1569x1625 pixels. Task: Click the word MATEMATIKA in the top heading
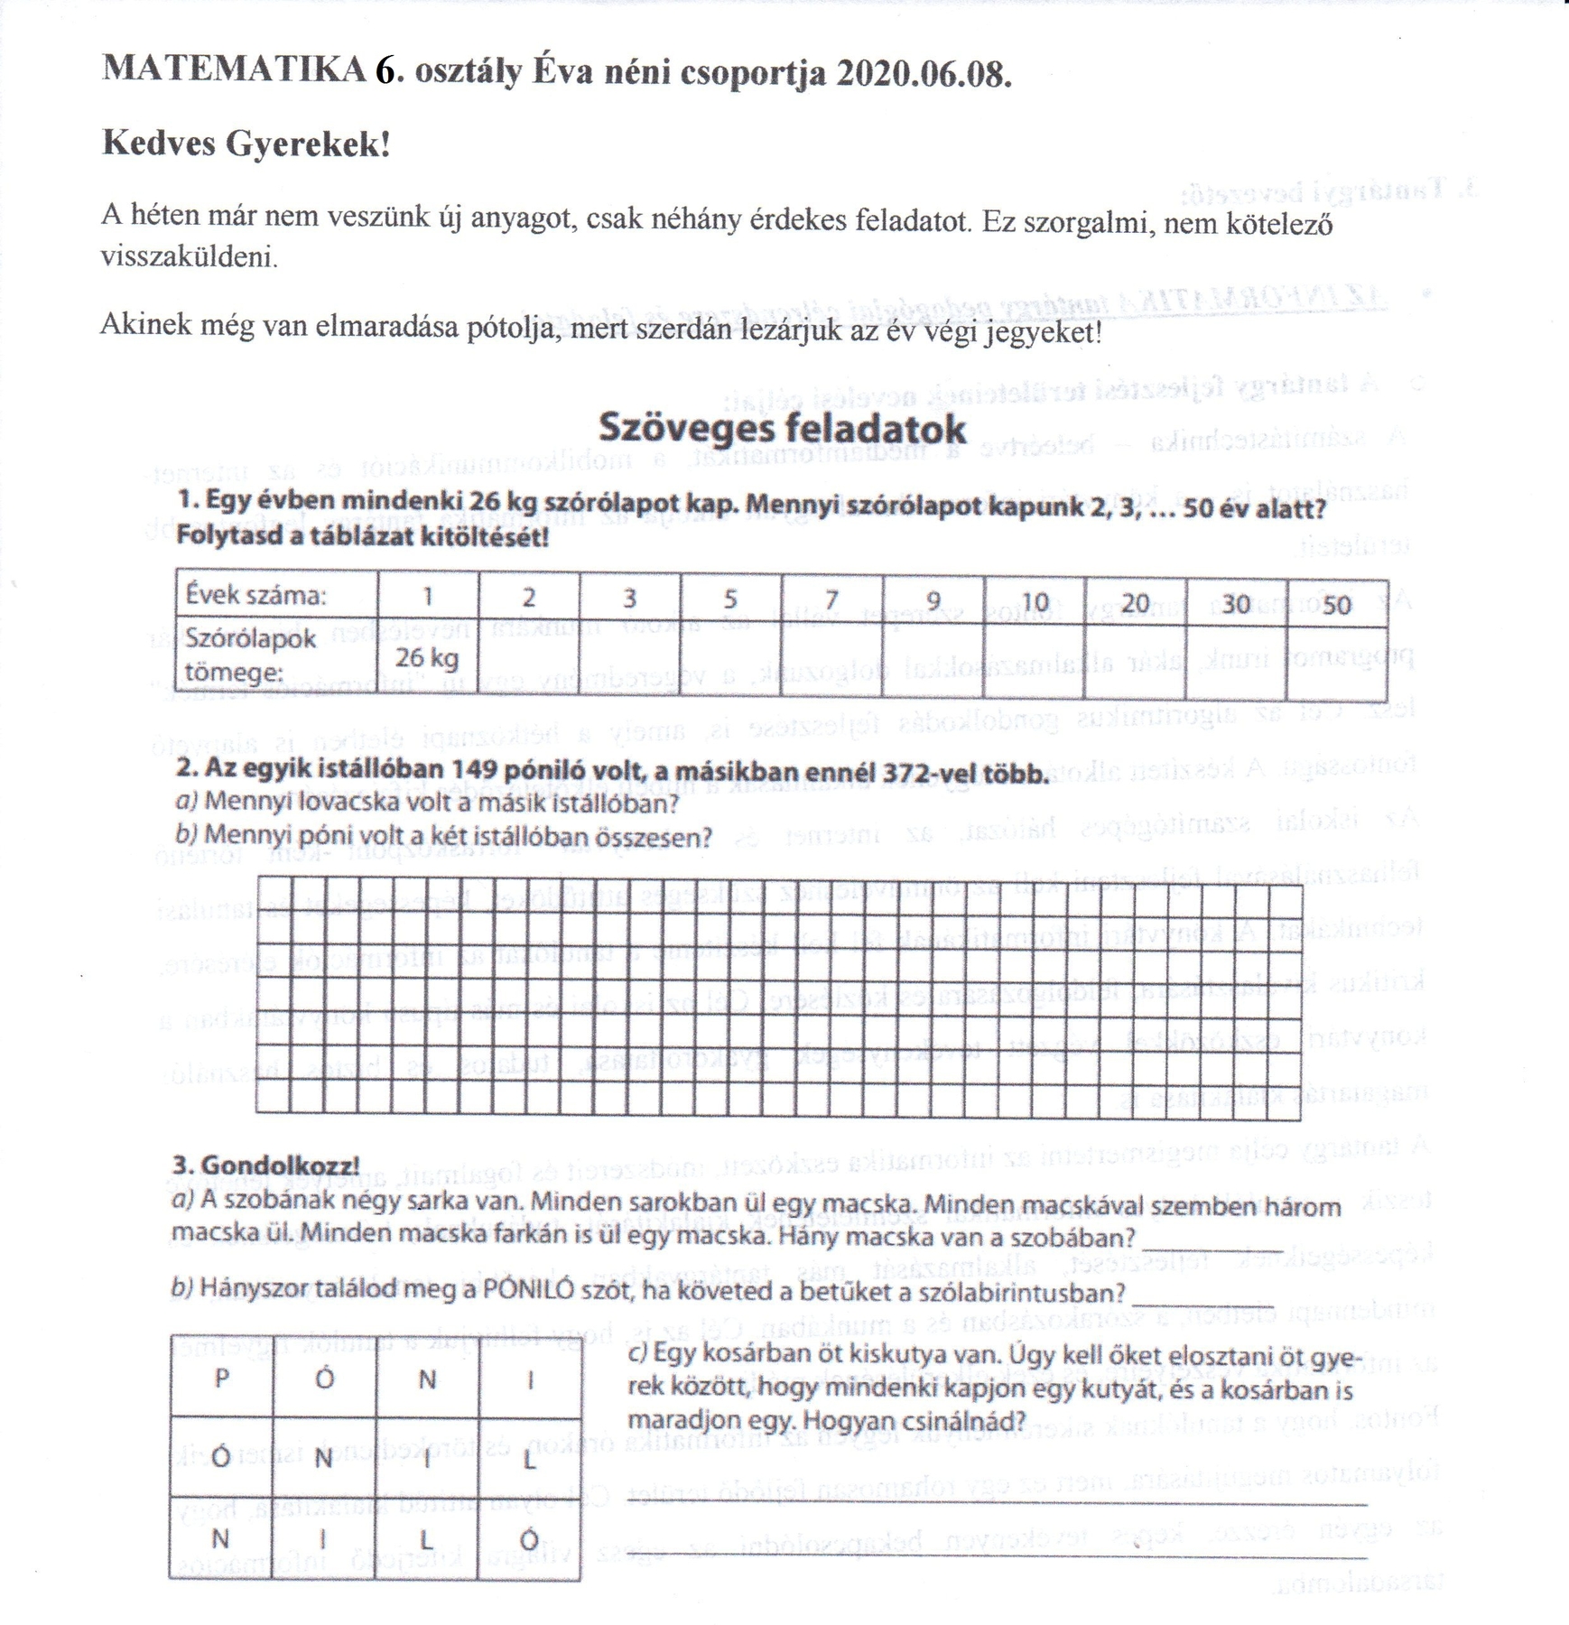(x=235, y=70)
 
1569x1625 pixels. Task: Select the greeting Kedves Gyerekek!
(x=246, y=143)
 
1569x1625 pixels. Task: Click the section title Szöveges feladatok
(x=782, y=427)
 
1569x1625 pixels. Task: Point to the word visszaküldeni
(x=189, y=257)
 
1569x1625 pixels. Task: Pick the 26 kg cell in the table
(x=428, y=657)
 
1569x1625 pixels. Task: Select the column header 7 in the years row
(x=831, y=599)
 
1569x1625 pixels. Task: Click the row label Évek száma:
(x=255, y=596)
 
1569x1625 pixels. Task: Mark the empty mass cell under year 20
(x=1135, y=657)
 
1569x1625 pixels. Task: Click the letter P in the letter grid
(x=220, y=1379)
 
